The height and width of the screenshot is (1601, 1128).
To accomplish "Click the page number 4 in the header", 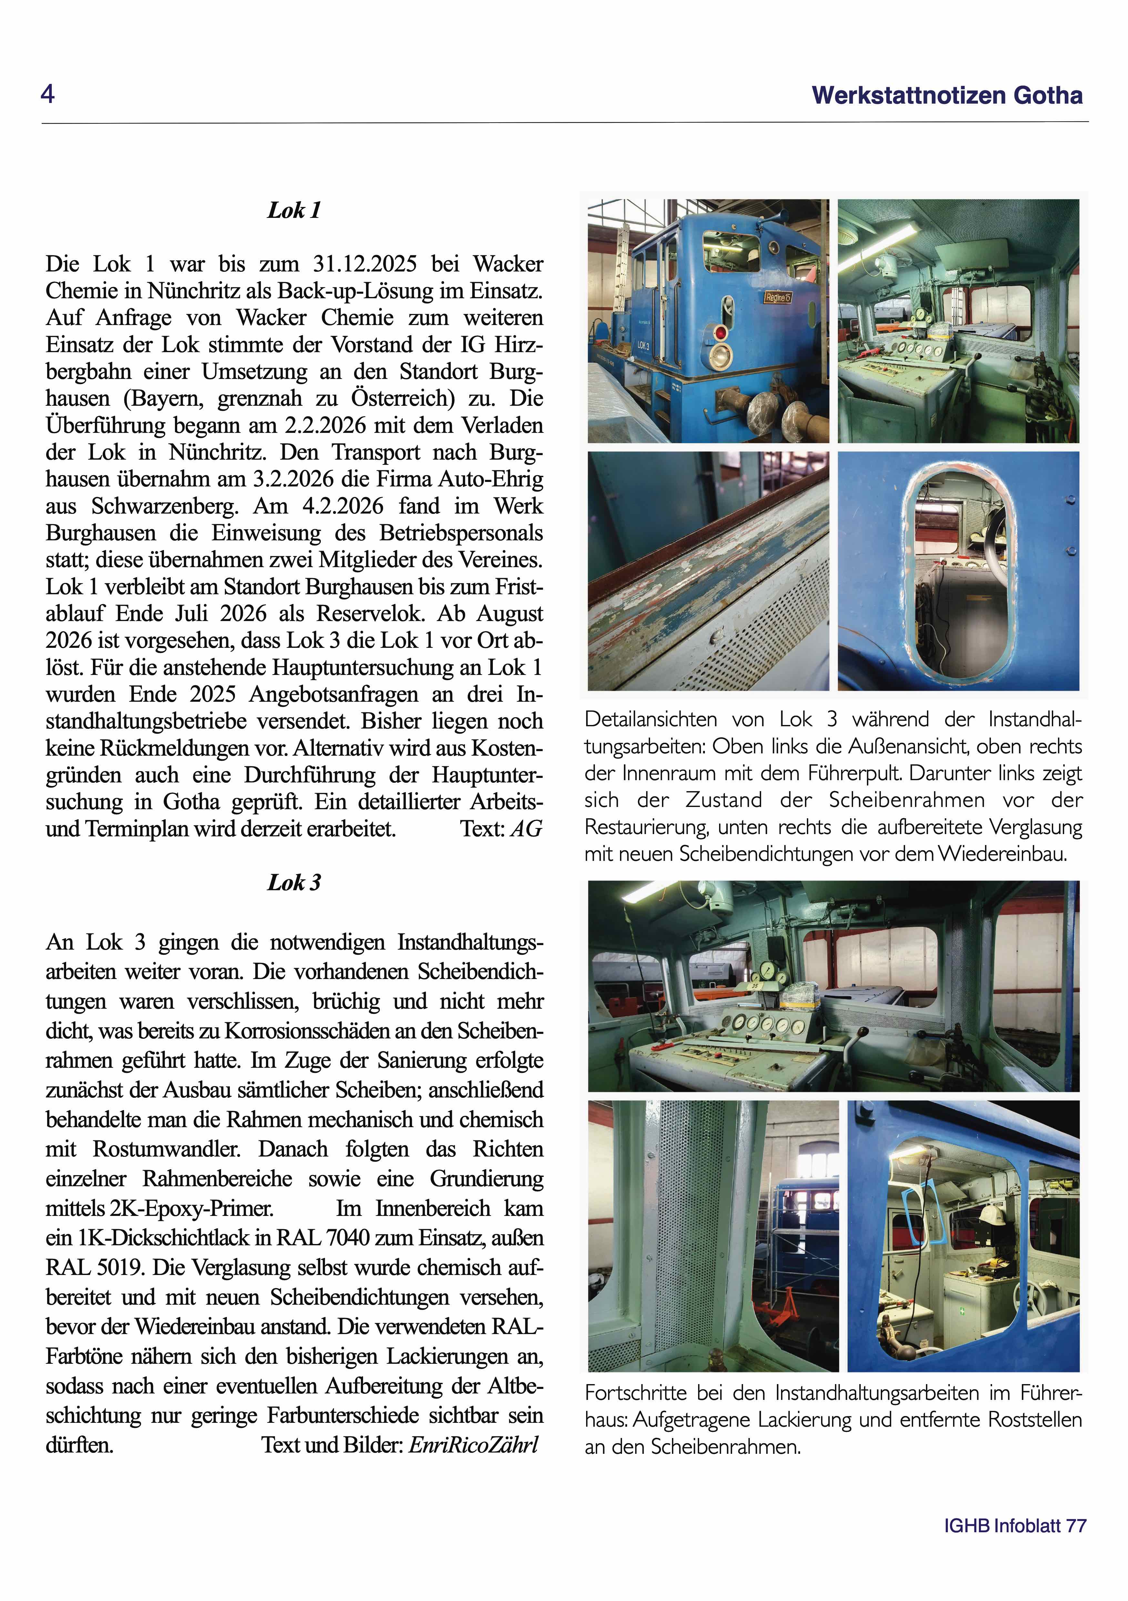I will tap(47, 93).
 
